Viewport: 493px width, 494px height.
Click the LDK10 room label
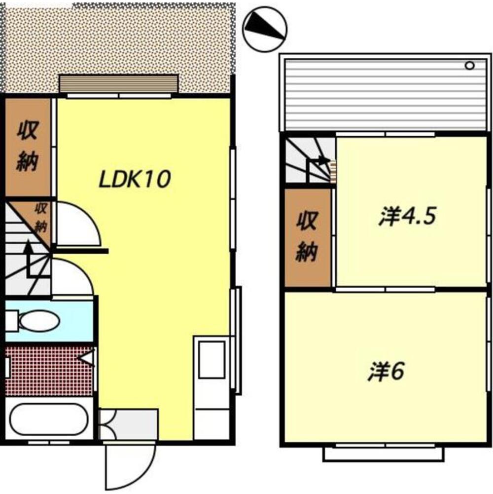click(x=135, y=179)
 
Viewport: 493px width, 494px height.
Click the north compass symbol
click(x=265, y=28)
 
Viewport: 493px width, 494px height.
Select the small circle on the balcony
click(x=469, y=65)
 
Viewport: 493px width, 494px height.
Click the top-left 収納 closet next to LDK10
click(x=28, y=147)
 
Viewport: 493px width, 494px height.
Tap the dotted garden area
click(x=118, y=39)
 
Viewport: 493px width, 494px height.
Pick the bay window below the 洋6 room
click(x=383, y=454)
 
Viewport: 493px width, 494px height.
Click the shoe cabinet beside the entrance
click(x=128, y=424)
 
